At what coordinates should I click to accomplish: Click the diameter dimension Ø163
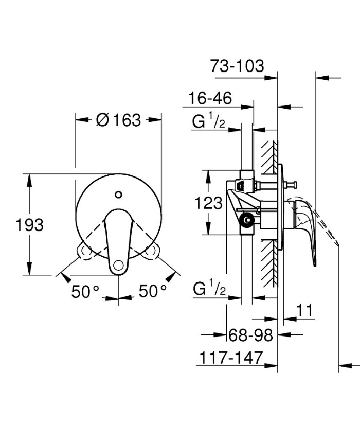pos(118,120)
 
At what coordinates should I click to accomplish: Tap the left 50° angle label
pos(85,291)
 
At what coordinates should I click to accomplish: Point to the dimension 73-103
pos(237,66)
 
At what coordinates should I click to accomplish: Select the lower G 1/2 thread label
pos(210,290)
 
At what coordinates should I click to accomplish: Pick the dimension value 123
pos(208,203)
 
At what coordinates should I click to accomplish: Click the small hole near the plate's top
pos(119,195)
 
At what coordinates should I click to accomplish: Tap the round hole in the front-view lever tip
pos(119,265)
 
